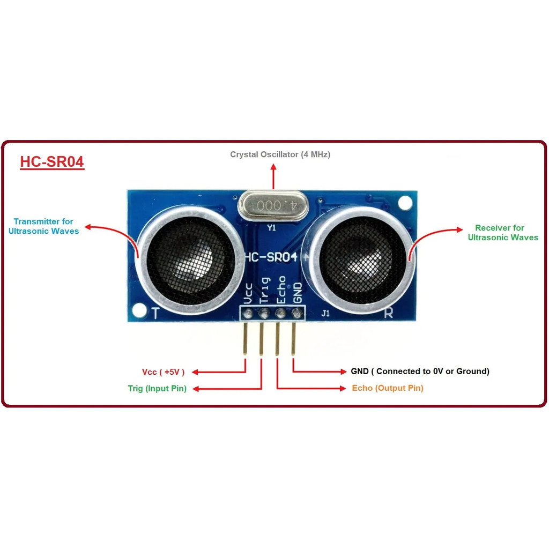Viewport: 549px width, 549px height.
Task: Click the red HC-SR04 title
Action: pos(52,162)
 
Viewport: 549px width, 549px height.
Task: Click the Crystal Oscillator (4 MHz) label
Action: pos(280,154)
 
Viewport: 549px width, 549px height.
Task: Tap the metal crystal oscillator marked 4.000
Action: pos(273,206)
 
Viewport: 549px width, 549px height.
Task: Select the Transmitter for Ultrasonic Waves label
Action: pos(43,226)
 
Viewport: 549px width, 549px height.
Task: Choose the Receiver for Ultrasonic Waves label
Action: pos(503,233)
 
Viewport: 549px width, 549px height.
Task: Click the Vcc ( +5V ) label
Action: pos(163,372)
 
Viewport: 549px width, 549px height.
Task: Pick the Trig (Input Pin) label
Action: pos(157,388)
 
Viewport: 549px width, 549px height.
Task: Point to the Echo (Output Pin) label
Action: pos(388,388)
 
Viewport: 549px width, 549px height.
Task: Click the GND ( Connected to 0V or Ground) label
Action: pos(420,371)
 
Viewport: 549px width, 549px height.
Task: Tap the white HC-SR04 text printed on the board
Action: pos(271,257)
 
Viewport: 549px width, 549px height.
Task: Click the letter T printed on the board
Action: pos(155,313)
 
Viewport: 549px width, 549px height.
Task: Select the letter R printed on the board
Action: pos(388,313)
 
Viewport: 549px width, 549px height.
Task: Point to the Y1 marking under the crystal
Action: pos(271,228)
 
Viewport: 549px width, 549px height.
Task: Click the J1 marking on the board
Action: pos(325,313)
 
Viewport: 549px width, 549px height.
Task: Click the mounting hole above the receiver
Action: pos(405,202)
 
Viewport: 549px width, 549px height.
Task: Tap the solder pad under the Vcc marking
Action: pos(248,313)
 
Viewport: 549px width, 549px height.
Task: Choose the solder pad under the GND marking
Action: pos(297,313)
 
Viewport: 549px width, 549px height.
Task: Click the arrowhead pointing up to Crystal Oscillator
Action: pos(273,167)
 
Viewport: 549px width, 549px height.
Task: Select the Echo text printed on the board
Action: pos(281,290)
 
